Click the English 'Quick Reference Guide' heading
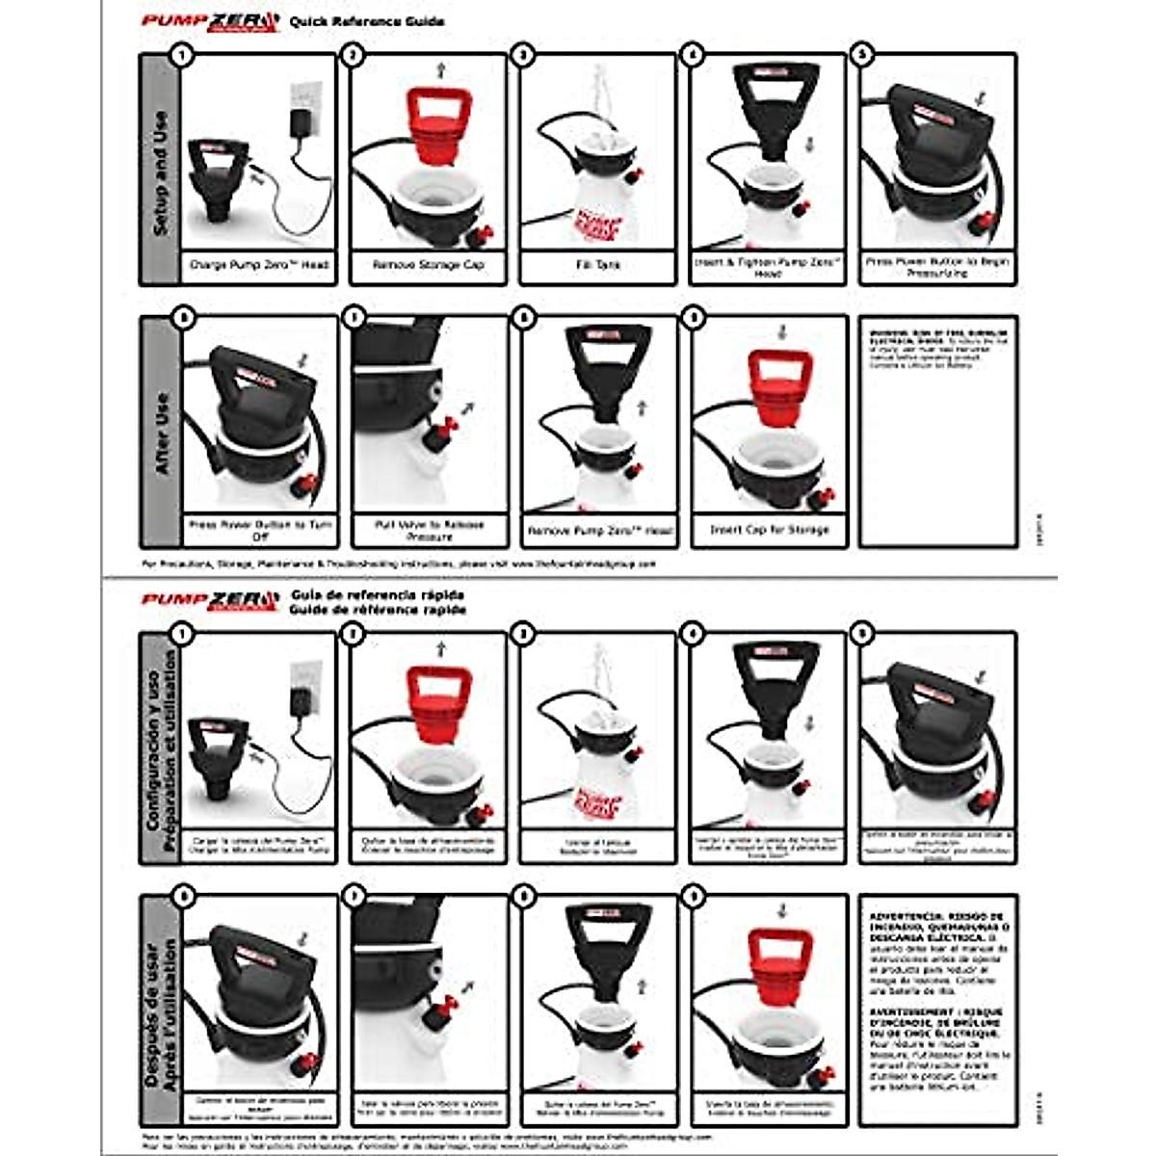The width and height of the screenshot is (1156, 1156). click(367, 21)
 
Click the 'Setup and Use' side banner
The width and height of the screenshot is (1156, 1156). click(160, 171)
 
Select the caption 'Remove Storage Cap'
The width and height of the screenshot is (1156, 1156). click(429, 264)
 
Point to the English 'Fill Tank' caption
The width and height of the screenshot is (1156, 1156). click(597, 264)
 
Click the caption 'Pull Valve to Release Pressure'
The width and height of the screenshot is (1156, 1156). click(430, 531)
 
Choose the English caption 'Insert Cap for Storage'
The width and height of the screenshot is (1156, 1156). click(770, 530)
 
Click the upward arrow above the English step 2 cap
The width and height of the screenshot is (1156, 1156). click(441, 69)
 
